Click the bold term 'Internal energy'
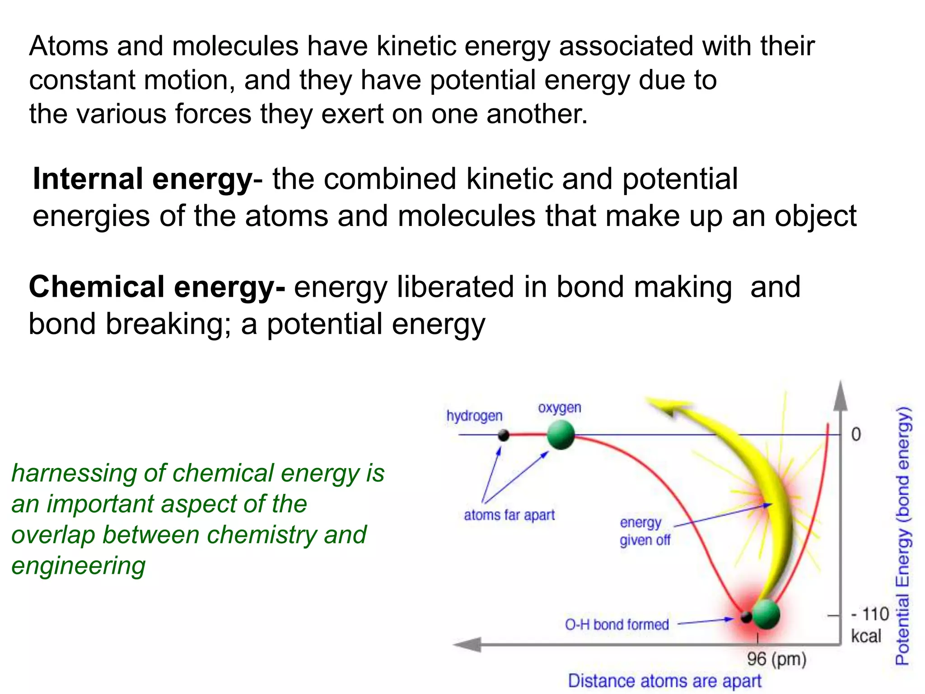pyautogui.click(x=142, y=179)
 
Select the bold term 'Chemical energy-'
pyautogui.click(x=157, y=287)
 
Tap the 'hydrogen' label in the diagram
pyautogui.click(x=474, y=416)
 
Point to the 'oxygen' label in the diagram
pyautogui.click(x=559, y=408)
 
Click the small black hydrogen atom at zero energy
pyautogui.click(x=503, y=436)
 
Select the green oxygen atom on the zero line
pyautogui.click(x=561, y=435)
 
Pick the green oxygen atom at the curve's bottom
pyautogui.click(x=766, y=614)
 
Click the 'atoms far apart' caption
pyautogui.click(x=509, y=515)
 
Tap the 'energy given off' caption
pyautogui.click(x=645, y=531)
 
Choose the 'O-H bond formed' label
pyautogui.click(x=617, y=624)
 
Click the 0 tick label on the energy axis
pyautogui.click(x=856, y=435)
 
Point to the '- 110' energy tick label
pyautogui.click(x=870, y=614)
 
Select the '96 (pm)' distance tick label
pyautogui.click(x=776, y=659)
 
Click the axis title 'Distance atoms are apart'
pyautogui.click(x=664, y=681)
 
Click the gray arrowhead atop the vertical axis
pyautogui.click(x=840, y=395)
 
